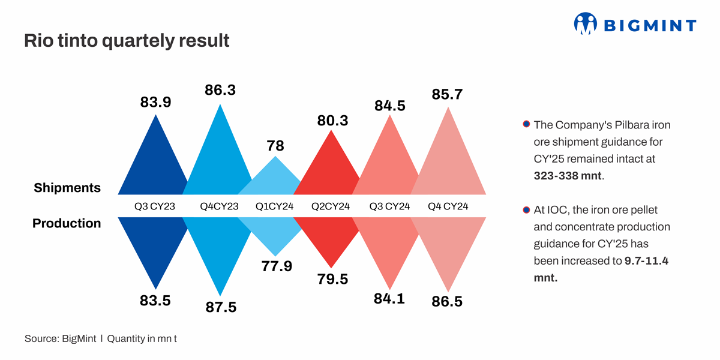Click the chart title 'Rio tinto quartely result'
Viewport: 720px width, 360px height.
pos(127,41)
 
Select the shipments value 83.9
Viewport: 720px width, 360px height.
pos(156,103)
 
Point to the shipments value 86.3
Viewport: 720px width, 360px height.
pos(220,91)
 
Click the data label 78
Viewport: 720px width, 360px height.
pos(275,146)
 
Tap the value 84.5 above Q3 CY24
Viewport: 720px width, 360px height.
pos(390,106)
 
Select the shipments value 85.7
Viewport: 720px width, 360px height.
pos(447,94)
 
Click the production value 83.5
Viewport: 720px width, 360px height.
pos(156,301)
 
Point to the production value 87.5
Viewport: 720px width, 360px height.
pos(220,307)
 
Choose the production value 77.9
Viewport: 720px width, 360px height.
pos(276,266)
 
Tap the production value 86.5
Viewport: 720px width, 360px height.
pos(447,302)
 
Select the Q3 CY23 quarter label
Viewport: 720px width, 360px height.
pos(155,206)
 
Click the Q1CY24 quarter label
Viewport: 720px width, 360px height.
pos(275,206)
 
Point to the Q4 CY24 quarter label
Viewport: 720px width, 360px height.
pos(448,206)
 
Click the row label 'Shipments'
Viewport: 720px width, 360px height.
pos(67,188)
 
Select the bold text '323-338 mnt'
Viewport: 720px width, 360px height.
pos(568,176)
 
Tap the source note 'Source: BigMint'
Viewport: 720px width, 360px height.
pos(62,339)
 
